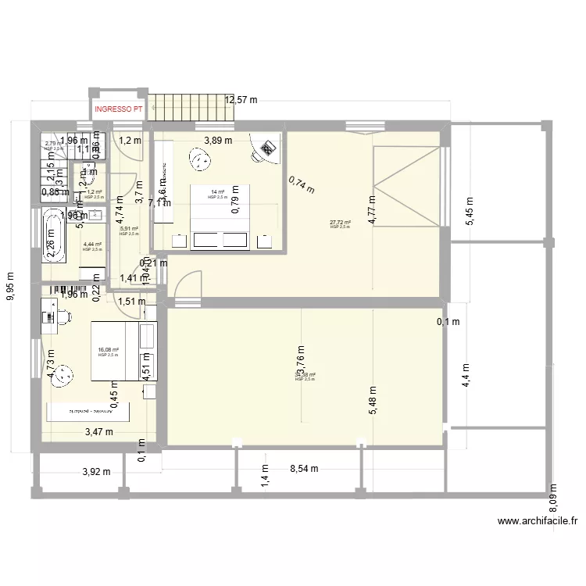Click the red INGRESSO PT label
click(x=118, y=109)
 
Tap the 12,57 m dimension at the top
click(x=241, y=100)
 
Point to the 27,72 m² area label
click(x=341, y=223)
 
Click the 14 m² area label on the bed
click(x=216, y=192)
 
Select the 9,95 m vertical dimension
click(x=10, y=287)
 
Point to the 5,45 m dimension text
click(x=470, y=208)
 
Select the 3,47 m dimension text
click(x=99, y=431)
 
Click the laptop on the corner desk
click(x=269, y=147)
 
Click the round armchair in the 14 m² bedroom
click(x=202, y=160)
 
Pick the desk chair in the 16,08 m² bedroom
click(x=62, y=316)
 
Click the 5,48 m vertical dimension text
click(x=373, y=404)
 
